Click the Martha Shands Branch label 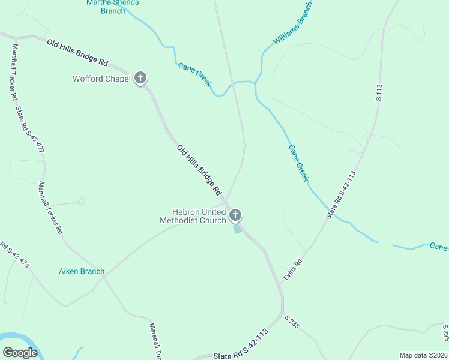coord(113,6)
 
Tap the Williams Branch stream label coord(293,23)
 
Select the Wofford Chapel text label coord(101,79)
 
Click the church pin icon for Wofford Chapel coord(140,78)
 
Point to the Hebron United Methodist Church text coord(193,216)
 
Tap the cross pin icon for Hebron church coord(235,215)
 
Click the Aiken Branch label coord(82,271)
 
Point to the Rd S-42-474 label coord(14,256)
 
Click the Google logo coord(20,353)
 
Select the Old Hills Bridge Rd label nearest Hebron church coord(199,170)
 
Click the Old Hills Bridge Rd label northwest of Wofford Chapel coord(78,53)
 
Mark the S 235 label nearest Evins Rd coord(292,321)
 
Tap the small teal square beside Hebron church coord(238,229)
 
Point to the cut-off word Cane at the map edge coord(439,247)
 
